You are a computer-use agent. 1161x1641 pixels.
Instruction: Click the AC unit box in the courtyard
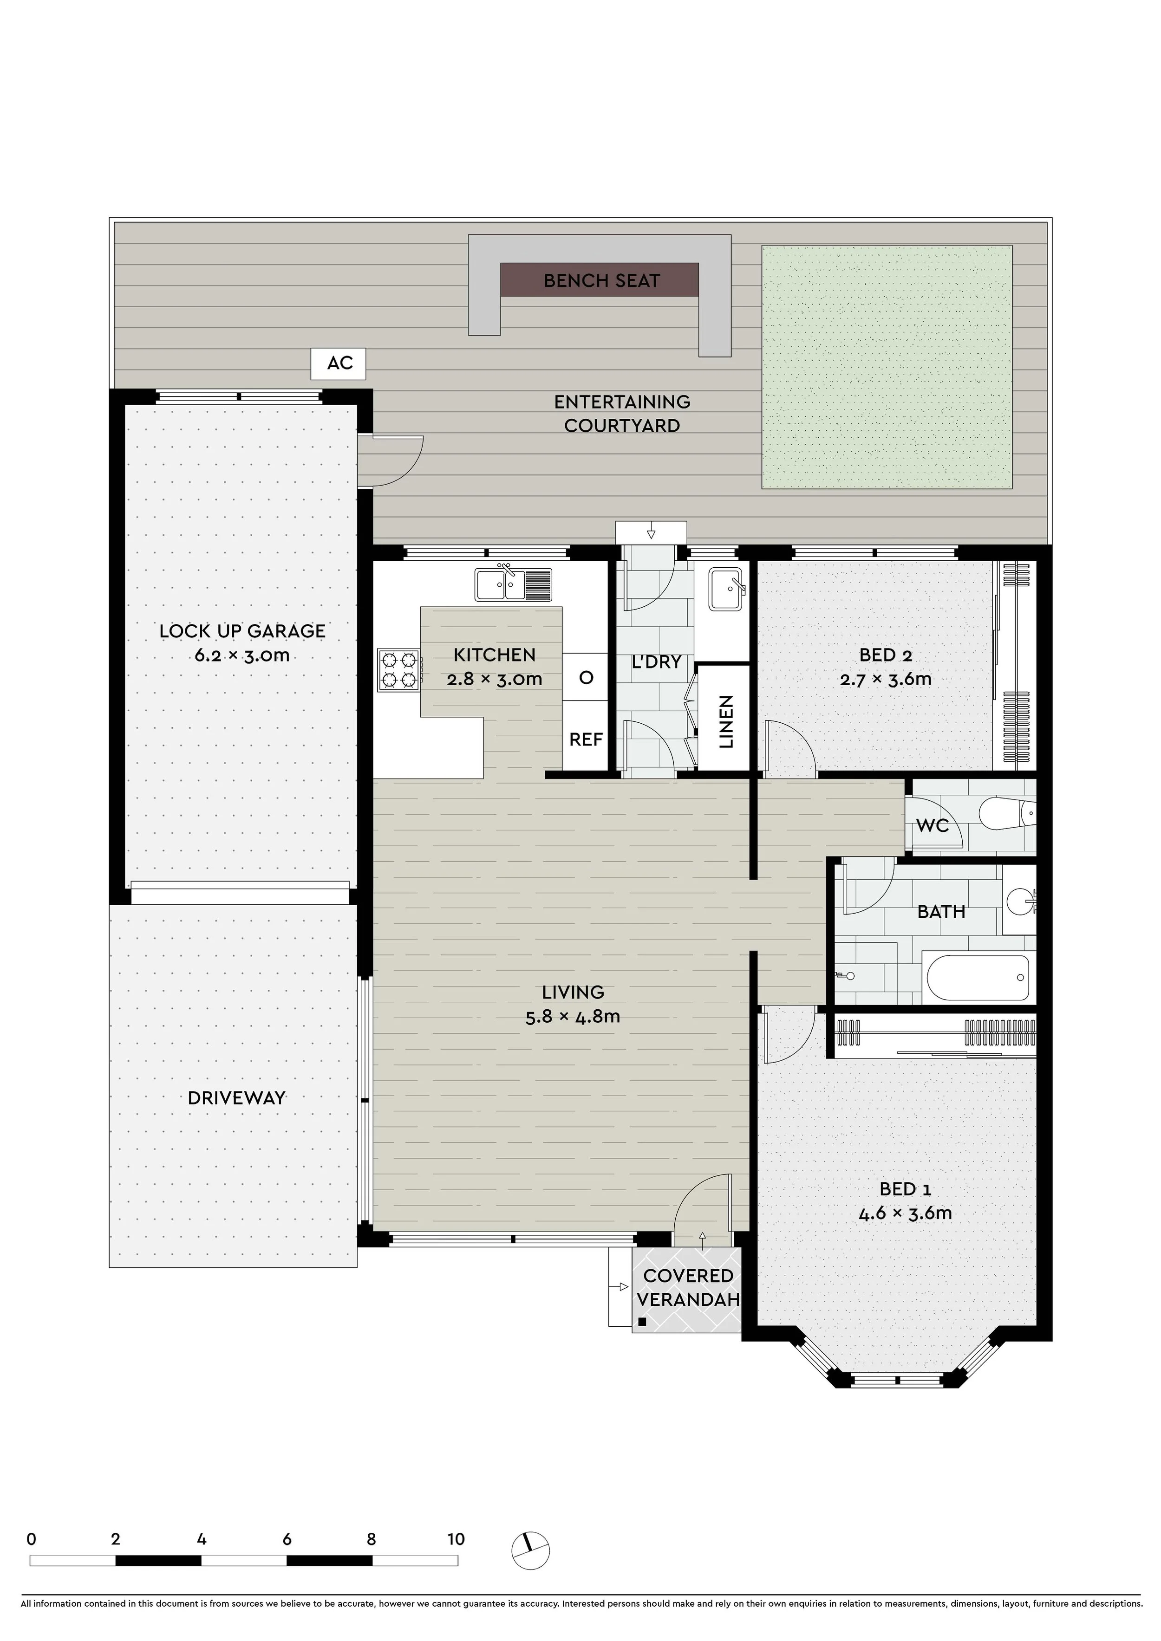tap(338, 364)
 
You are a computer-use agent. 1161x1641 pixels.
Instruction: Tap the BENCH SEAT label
tap(601, 281)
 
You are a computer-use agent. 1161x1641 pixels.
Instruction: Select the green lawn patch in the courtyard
tap(887, 367)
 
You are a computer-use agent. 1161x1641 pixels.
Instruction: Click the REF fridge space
tap(586, 739)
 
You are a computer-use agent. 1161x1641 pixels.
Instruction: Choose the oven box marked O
tap(586, 677)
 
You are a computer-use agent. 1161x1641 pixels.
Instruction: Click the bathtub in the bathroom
tap(977, 977)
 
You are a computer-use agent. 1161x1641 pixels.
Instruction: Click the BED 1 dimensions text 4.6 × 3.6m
tap(905, 1213)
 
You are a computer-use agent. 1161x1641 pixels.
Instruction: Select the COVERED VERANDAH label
tap(688, 1287)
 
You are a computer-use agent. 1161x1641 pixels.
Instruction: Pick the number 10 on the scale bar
tap(456, 1539)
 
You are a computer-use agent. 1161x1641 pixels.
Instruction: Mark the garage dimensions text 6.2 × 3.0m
tap(242, 655)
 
